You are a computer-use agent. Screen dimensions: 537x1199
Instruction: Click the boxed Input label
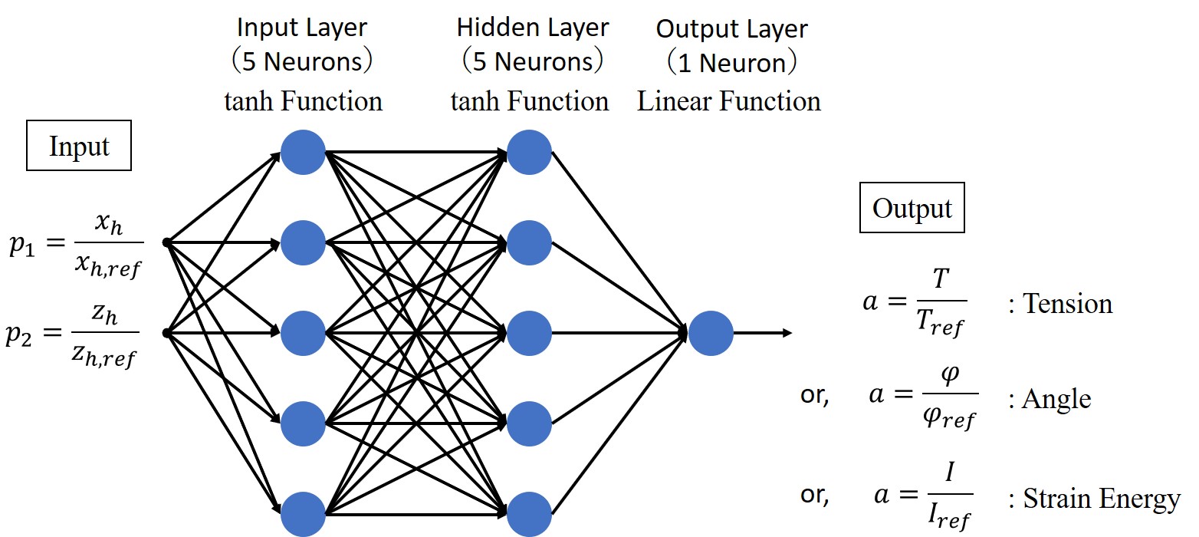pyautogui.click(x=79, y=147)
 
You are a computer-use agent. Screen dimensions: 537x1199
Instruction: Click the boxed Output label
pyautogui.click(x=912, y=209)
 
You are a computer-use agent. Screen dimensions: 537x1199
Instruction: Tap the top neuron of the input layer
pyautogui.click(x=303, y=153)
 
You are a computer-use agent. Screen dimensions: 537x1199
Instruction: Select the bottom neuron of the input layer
pyautogui.click(x=303, y=514)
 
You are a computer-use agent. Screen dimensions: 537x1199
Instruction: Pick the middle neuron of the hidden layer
pyautogui.click(x=530, y=334)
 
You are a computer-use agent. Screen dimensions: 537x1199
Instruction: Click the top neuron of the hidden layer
pyautogui.click(x=530, y=153)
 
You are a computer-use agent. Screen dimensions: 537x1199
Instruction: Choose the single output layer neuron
pyautogui.click(x=711, y=334)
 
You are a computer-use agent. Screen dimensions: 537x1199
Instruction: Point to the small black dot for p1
pyautogui.click(x=166, y=243)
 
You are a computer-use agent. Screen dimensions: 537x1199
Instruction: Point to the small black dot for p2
pyautogui.click(x=166, y=333)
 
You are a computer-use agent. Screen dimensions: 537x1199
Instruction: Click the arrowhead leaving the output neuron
pyautogui.click(x=787, y=334)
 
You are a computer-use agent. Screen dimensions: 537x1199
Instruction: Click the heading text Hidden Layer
pyautogui.click(x=533, y=28)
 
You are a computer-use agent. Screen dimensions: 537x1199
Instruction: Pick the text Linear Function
pyautogui.click(x=728, y=101)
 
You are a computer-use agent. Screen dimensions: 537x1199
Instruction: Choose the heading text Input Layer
pyautogui.click(x=302, y=28)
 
